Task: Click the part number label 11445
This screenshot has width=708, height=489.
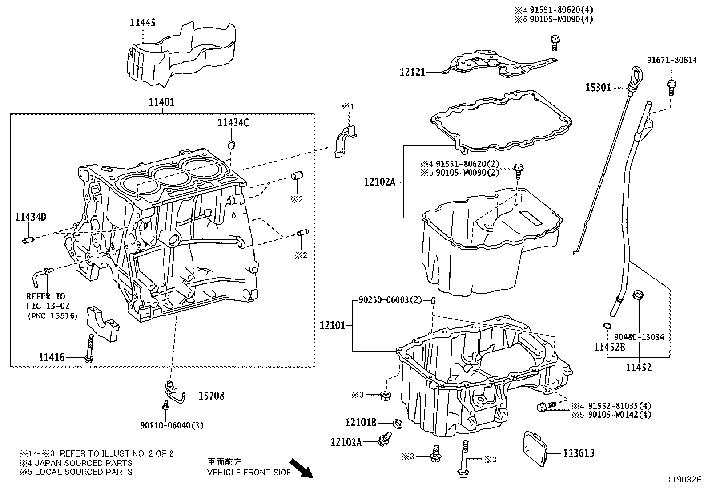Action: (143, 22)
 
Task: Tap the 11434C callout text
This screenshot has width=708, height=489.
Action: (233, 122)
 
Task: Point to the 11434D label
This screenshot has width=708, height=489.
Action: (31, 217)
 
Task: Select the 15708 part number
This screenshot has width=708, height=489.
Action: (211, 396)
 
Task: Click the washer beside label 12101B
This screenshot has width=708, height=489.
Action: (398, 422)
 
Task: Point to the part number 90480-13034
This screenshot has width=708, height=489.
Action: (639, 337)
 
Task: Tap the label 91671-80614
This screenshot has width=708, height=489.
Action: (672, 61)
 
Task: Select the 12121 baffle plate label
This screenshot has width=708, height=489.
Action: (412, 72)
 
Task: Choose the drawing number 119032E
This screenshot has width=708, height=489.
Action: (684, 480)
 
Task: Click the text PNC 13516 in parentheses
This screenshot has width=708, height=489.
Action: (52, 316)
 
